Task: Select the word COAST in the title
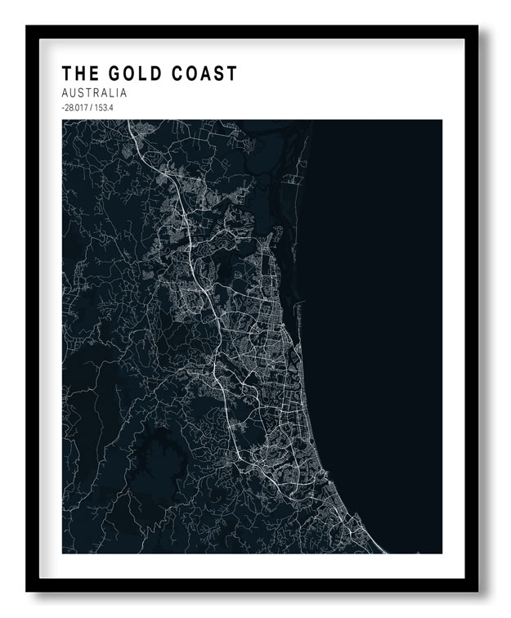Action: tap(204, 74)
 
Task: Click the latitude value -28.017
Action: tap(76, 108)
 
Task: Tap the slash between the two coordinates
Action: tap(94, 108)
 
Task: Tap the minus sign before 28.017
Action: tap(63, 108)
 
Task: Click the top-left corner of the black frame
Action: tap(27, 27)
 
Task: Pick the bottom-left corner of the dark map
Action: tap(62, 553)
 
